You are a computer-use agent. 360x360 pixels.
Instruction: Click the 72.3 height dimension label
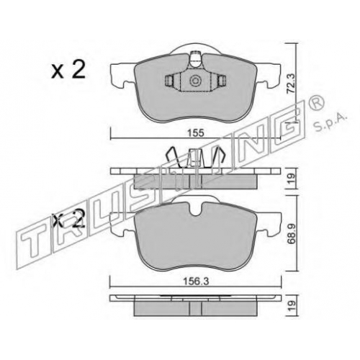(292, 84)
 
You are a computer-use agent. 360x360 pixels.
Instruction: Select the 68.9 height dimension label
(292, 234)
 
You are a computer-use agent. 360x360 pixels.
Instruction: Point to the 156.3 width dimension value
(196, 281)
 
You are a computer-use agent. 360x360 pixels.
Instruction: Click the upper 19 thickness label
(292, 179)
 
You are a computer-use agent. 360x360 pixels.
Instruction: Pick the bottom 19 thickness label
(292, 306)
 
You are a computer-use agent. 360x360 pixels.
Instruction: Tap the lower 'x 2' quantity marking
(69, 218)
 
